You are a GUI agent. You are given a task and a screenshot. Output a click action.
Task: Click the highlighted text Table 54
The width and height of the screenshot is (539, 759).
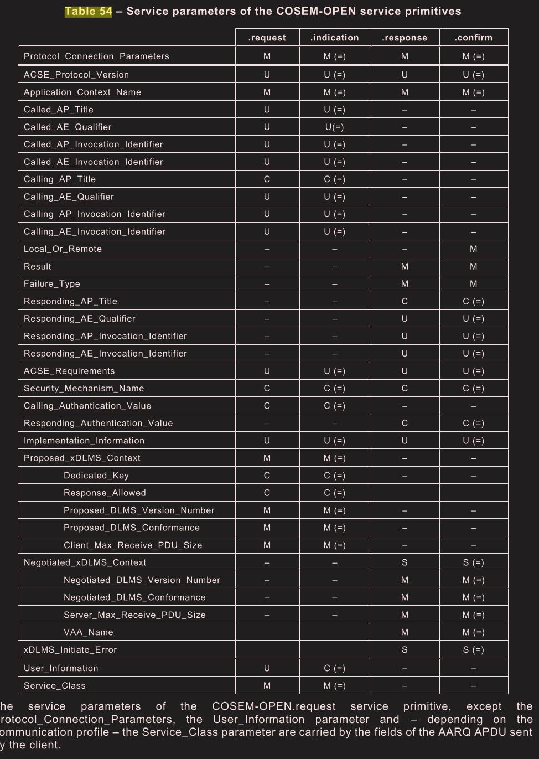coord(89,12)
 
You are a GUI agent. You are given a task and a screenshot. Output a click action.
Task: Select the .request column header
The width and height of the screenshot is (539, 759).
coord(267,38)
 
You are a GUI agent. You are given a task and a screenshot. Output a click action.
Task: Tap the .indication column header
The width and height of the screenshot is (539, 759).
coord(335,38)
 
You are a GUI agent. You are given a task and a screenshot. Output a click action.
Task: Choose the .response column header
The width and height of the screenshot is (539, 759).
coord(405,38)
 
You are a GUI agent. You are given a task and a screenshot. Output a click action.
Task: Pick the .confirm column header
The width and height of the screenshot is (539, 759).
coord(473,38)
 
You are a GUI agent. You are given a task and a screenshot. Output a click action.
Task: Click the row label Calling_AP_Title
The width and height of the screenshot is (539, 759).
coord(60,179)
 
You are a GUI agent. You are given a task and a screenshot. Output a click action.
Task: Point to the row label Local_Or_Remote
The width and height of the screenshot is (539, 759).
coord(63,249)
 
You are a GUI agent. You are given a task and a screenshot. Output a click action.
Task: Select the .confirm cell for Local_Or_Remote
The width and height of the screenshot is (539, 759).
coord(473,249)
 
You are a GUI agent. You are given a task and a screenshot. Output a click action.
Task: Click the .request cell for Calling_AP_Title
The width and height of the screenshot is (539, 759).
coord(267,179)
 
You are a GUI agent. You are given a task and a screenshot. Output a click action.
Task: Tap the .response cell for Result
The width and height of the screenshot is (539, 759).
coord(405,266)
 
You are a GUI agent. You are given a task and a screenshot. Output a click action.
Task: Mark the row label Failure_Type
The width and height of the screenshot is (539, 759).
coord(52,284)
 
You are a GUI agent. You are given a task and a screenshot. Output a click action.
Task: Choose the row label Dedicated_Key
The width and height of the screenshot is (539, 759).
coord(96,476)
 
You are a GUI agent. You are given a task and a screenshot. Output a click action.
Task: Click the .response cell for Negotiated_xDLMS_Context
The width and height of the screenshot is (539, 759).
coord(405,562)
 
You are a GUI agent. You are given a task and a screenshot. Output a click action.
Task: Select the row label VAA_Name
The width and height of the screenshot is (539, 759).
coord(89,632)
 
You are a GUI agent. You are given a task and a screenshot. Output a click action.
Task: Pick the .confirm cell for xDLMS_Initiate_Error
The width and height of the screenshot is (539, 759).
coord(473,650)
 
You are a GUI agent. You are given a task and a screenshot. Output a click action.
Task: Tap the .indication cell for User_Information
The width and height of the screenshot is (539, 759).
coord(335,668)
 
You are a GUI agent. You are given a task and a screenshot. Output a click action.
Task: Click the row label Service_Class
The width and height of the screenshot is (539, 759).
coord(55,686)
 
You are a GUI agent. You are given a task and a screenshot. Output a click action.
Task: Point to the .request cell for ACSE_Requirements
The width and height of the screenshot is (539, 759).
coord(267,371)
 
